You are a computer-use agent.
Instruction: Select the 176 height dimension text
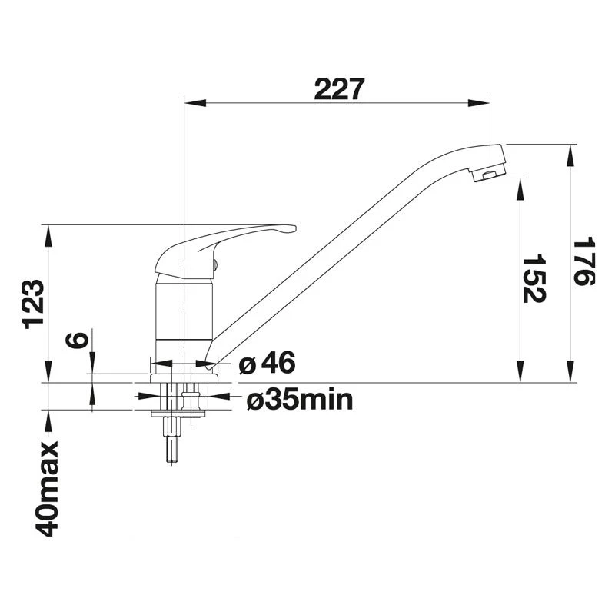(x=584, y=261)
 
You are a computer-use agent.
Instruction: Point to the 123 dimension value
(x=34, y=304)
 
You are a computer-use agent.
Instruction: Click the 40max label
(x=48, y=489)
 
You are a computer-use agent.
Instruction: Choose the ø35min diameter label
(x=300, y=400)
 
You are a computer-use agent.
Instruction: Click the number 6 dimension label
(x=76, y=339)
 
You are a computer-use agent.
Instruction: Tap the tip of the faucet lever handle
(x=294, y=228)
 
